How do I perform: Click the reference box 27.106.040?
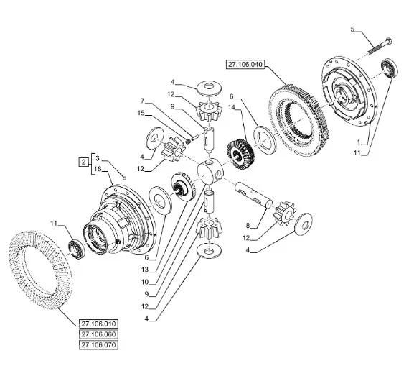[245, 65]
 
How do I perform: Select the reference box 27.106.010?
[98, 324]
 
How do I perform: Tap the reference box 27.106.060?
[98, 334]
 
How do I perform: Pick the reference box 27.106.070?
[98, 345]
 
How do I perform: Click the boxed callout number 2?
[84, 162]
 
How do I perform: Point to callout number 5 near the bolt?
[353, 29]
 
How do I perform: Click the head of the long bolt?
[388, 41]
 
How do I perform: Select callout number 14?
[232, 107]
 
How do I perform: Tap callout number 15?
[141, 114]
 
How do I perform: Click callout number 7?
[143, 101]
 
